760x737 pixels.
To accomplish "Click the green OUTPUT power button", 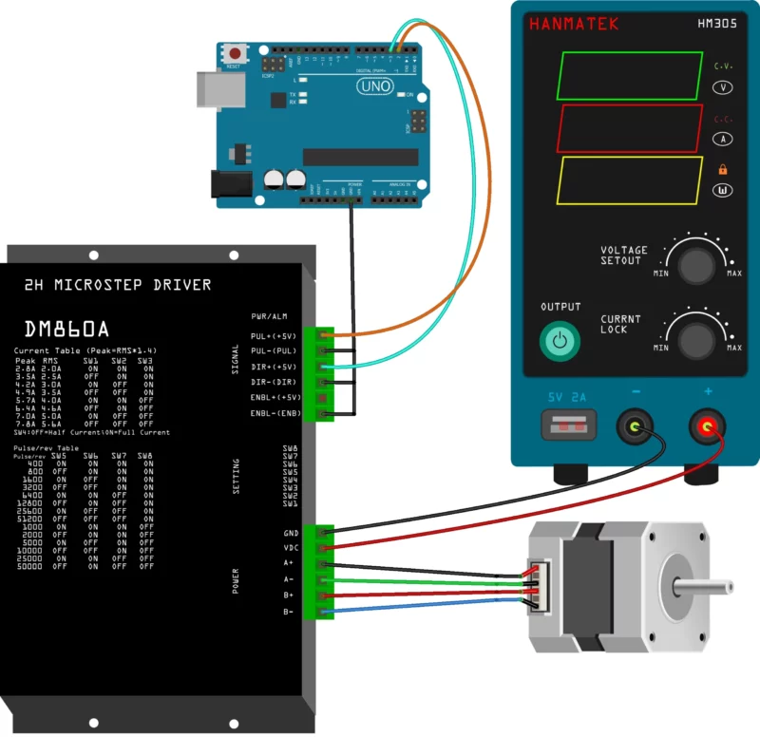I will pyautogui.click(x=560, y=340).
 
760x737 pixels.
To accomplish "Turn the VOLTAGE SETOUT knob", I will pyautogui.click(x=696, y=263).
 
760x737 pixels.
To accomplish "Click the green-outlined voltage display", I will pyautogui.click(x=626, y=75).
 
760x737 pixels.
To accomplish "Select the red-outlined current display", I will pyautogui.click(x=626, y=128).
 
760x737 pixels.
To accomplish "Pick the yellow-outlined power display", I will pyautogui.click(x=626, y=181).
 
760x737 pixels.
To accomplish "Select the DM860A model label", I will pyautogui.click(x=66, y=330).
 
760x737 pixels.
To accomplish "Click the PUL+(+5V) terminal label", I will pyautogui.click(x=275, y=336).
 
